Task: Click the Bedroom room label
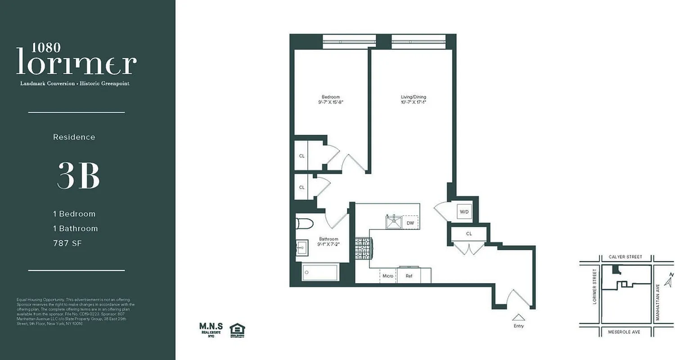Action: point(330,97)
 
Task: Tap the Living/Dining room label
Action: point(413,97)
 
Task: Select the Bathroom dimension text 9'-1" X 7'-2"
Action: point(328,245)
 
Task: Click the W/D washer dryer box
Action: point(464,211)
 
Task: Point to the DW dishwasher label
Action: point(410,223)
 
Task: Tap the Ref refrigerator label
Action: point(409,276)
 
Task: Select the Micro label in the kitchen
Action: point(388,276)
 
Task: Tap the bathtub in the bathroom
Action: point(320,272)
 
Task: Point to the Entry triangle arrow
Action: point(518,317)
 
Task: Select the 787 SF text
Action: point(68,243)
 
